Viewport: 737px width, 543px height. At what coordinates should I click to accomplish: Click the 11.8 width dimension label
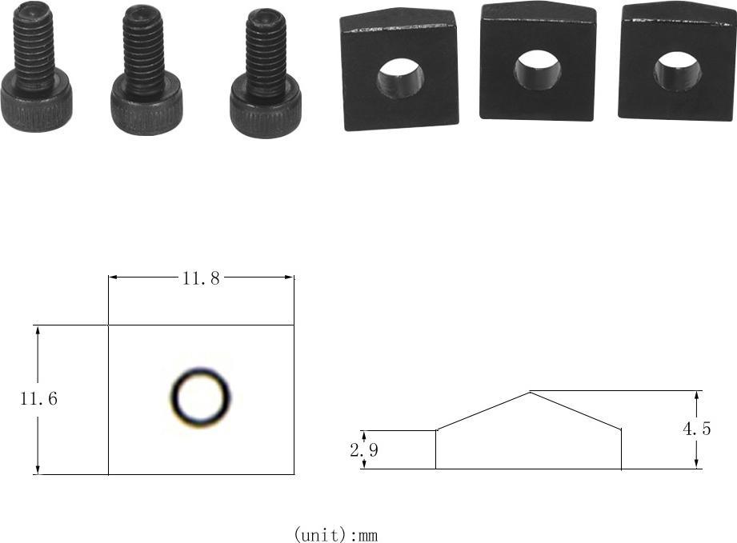[x=201, y=278]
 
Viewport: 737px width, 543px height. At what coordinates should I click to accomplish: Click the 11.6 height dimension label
[x=38, y=399]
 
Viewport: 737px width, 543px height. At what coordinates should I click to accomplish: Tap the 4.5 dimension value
[x=696, y=429]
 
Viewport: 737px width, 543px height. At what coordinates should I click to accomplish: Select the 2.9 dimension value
[x=364, y=450]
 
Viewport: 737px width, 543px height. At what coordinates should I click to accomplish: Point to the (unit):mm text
[x=335, y=534]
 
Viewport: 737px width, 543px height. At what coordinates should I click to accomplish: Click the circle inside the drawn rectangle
[x=201, y=369]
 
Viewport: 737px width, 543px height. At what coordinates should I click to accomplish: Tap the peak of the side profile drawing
[x=531, y=392]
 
